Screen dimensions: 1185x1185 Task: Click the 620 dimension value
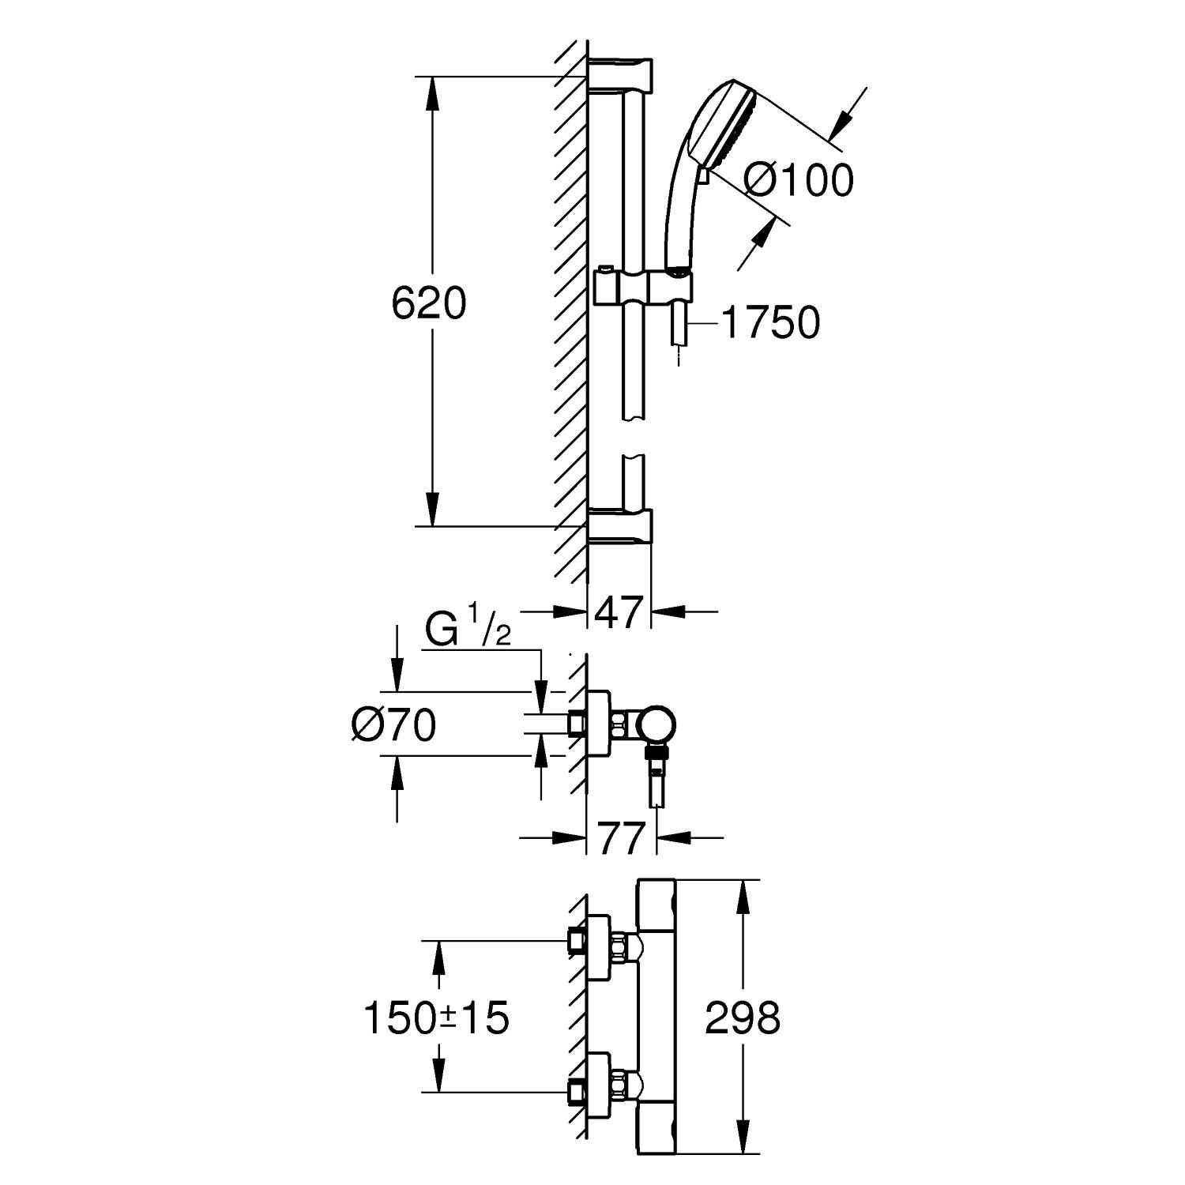pos(429,305)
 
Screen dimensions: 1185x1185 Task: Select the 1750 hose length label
pos(770,323)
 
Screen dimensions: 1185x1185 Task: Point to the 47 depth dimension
pos(619,613)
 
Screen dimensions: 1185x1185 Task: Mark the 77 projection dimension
pos(620,839)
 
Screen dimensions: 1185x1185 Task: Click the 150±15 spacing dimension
pos(435,1018)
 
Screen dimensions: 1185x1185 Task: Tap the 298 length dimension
pos(742,1018)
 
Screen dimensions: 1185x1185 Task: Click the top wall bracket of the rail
pos(621,73)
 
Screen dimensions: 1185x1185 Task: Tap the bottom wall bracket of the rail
pos(621,527)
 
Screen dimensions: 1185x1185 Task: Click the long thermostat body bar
pos(656,1019)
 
